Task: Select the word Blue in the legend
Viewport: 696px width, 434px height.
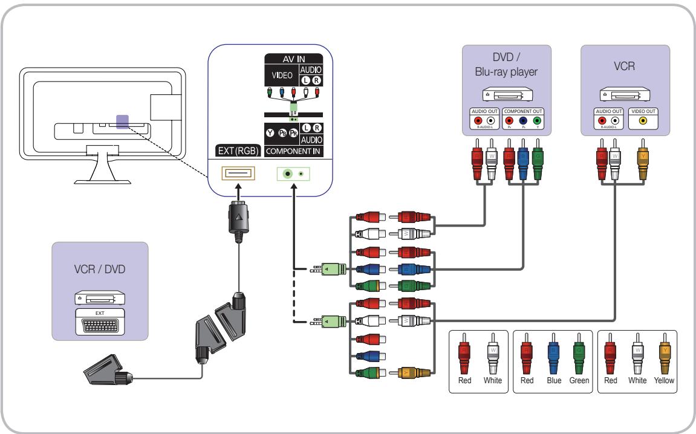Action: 552,381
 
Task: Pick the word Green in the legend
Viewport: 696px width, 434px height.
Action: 579,381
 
